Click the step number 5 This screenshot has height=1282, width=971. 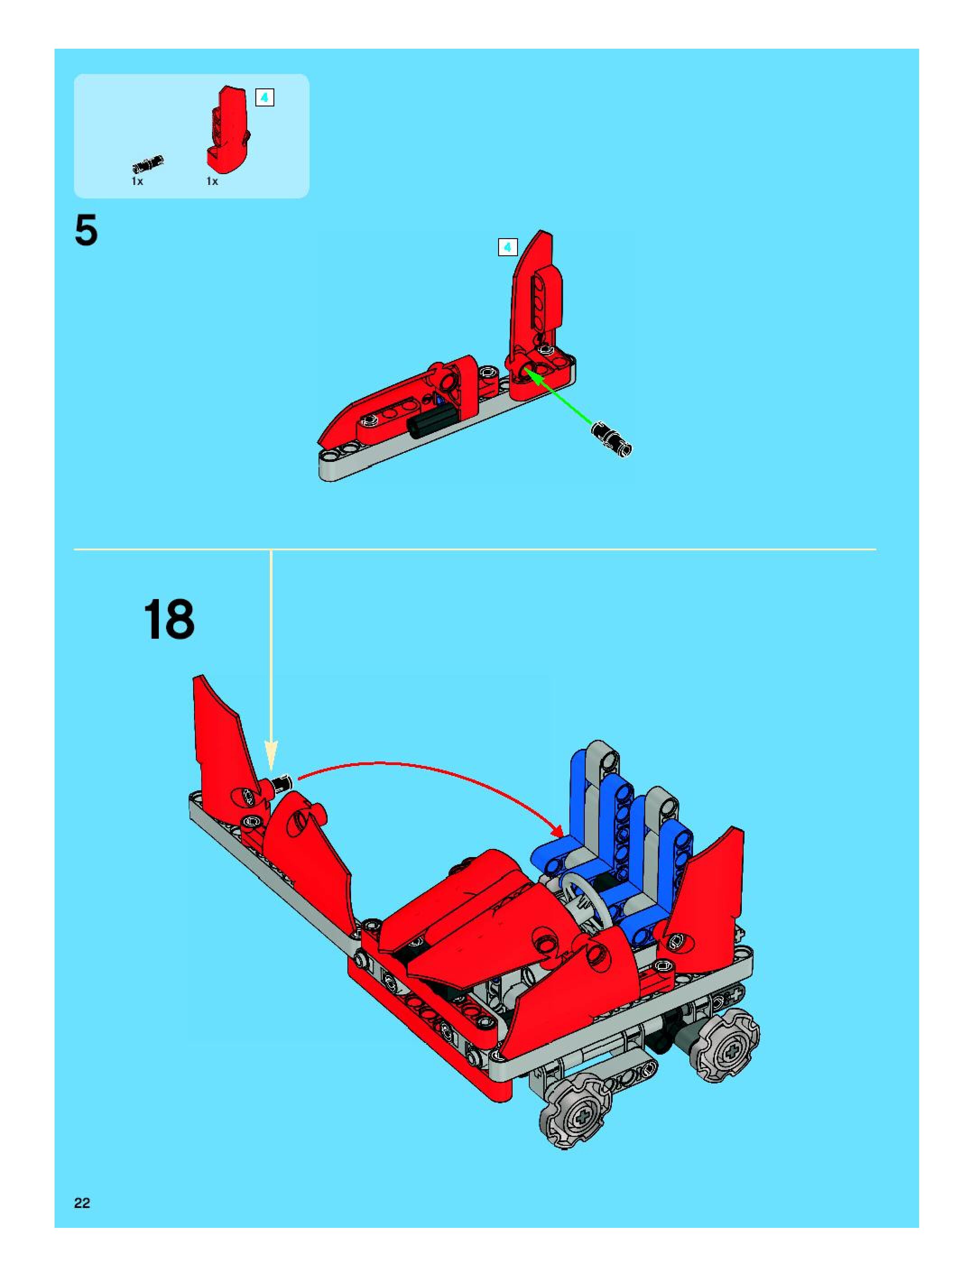click(86, 231)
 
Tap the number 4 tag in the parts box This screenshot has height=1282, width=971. click(264, 98)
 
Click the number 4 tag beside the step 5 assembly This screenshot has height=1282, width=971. click(508, 248)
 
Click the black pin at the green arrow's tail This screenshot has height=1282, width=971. click(611, 439)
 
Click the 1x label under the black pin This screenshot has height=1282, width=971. click(137, 182)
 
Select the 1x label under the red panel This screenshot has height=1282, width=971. click(212, 182)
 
